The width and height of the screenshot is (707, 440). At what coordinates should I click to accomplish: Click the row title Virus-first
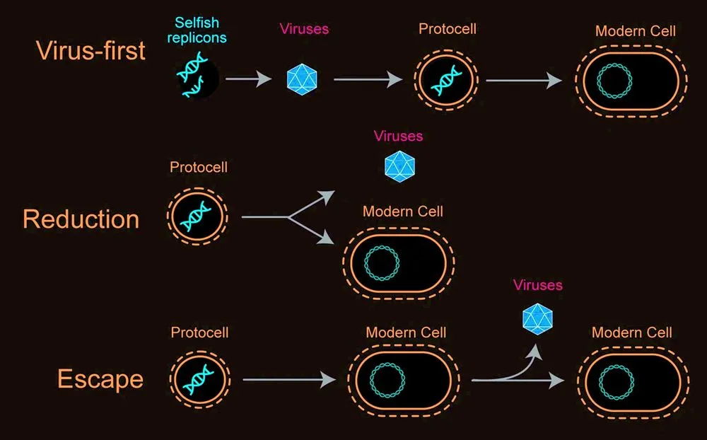[x=90, y=51]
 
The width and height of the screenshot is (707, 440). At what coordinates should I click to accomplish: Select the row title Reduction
[x=81, y=219]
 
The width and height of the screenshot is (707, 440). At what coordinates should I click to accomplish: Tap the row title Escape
[x=100, y=379]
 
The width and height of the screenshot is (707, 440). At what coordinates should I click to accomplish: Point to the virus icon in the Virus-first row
[x=302, y=79]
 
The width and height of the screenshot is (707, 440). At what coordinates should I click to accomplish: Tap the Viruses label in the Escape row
[x=538, y=285]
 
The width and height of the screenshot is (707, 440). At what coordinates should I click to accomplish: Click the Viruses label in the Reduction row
[x=398, y=136]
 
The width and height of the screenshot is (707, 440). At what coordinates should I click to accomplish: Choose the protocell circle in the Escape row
[x=199, y=379]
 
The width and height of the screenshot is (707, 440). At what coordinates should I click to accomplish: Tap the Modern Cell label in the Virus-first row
[x=635, y=31]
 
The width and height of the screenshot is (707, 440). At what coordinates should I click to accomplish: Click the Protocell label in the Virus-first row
[x=447, y=30]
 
